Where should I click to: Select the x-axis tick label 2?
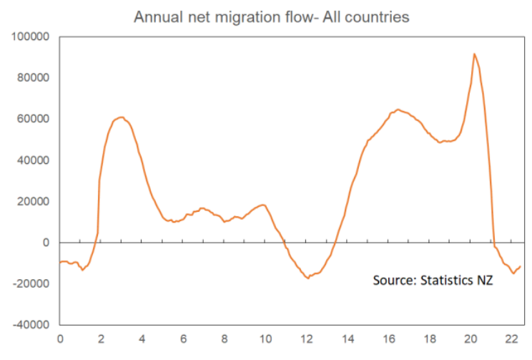[101, 339]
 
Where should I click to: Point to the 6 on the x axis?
[183, 339]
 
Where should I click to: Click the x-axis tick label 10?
[265, 339]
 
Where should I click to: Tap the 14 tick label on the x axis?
[348, 339]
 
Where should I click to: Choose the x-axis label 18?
[430, 339]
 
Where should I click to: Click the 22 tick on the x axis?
[512, 339]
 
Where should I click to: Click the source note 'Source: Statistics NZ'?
[433, 280]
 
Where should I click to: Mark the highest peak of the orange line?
[474, 54]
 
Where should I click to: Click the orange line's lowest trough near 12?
[308, 278]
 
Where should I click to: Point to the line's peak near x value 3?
[121, 117]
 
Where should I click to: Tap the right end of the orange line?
[521, 266]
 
